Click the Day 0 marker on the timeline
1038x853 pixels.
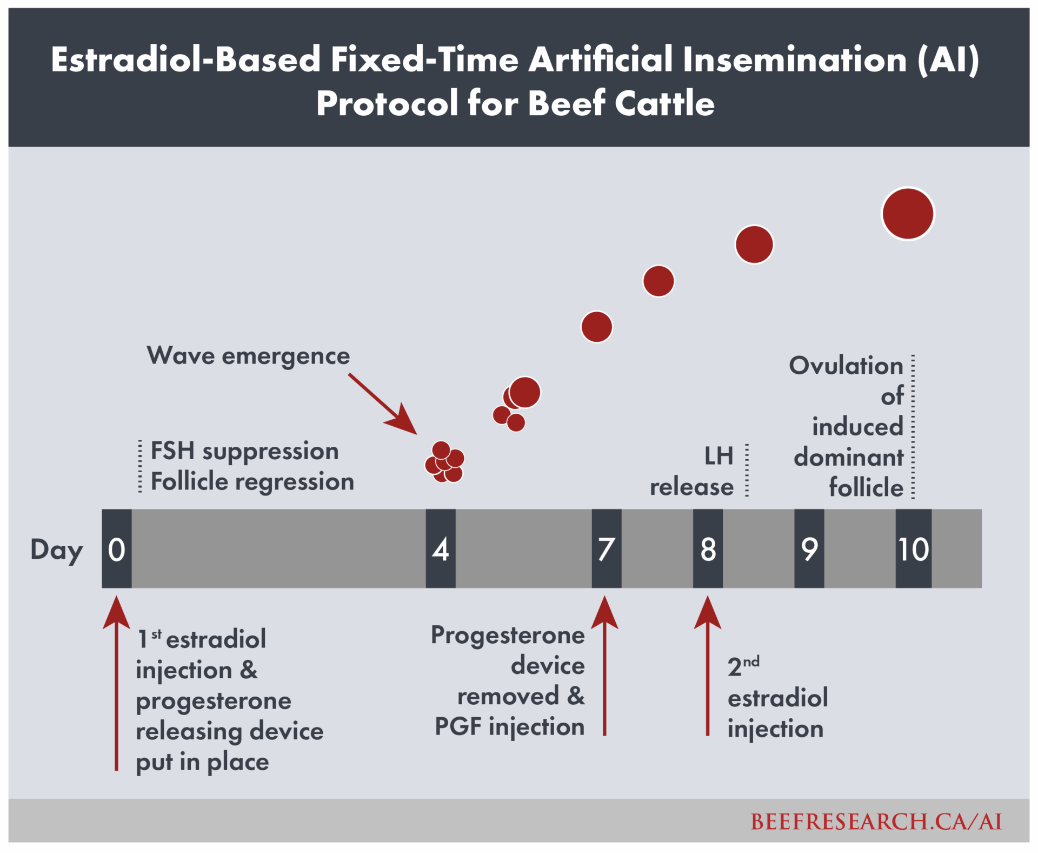(x=117, y=548)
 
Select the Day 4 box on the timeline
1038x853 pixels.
(x=441, y=548)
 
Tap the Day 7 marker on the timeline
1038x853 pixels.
(x=607, y=548)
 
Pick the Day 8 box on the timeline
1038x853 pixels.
(x=708, y=548)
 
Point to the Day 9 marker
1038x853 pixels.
(x=809, y=548)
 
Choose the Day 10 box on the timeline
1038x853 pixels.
(x=914, y=548)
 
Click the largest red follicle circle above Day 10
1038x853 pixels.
(x=908, y=214)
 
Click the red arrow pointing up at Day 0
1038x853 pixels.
(x=116, y=683)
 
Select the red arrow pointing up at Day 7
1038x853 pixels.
(x=604, y=666)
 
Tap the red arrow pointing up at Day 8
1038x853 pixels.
(x=708, y=666)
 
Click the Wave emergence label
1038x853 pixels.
(x=249, y=356)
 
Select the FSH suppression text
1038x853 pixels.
(x=244, y=451)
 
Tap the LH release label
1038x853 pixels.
(x=692, y=471)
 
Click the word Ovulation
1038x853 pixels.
(x=846, y=366)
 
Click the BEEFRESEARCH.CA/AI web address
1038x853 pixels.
(x=876, y=822)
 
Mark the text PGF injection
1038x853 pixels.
(x=510, y=726)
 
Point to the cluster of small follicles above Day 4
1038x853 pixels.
(x=444, y=462)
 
